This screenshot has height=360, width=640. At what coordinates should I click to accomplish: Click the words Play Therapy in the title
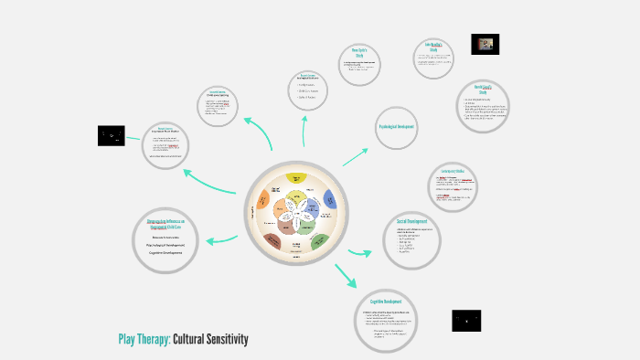143,340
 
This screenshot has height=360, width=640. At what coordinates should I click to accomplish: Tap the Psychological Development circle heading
397,126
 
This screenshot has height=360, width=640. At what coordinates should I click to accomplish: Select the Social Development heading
412,222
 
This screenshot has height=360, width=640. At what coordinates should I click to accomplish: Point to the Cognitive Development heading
388,302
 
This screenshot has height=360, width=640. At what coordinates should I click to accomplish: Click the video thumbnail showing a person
485,44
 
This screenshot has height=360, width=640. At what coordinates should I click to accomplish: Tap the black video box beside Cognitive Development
466,321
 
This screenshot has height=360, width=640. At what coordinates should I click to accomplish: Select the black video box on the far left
112,136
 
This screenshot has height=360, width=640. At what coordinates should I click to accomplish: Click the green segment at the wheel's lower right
319,240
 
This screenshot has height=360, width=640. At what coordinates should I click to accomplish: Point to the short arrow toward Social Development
357,252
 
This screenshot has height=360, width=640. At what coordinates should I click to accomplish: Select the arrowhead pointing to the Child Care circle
211,241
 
